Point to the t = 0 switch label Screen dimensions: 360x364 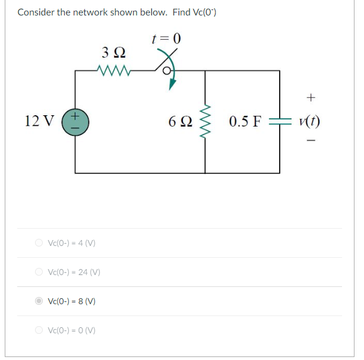click(x=166, y=39)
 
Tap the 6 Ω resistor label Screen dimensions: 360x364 click(x=179, y=122)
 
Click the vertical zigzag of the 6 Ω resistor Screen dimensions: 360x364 click(x=206, y=122)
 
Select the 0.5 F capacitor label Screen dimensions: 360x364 click(x=245, y=122)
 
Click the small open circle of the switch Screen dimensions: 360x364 click(x=168, y=72)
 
